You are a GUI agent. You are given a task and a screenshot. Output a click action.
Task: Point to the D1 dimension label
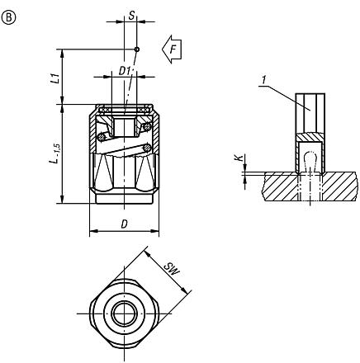[x=125, y=71]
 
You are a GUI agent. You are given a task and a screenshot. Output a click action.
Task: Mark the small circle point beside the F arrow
[x=137, y=49]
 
